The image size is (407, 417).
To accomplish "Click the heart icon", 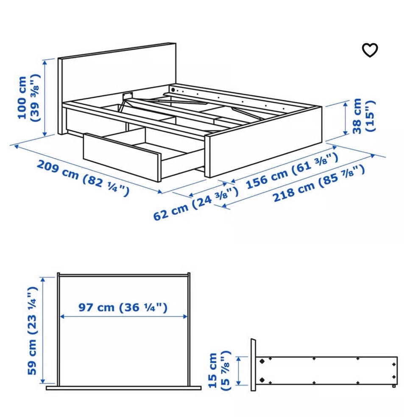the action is click(370, 50).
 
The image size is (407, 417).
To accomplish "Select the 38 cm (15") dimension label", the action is click(364, 116).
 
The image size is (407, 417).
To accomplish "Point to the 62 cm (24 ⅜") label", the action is click(196, 203).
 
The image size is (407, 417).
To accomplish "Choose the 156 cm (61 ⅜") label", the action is click(292, 171).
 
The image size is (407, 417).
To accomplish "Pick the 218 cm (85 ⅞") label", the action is click(319, 184).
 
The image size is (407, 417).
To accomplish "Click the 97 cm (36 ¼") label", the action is click(123, 307).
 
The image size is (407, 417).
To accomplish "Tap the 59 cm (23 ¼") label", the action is click(32, 330).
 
